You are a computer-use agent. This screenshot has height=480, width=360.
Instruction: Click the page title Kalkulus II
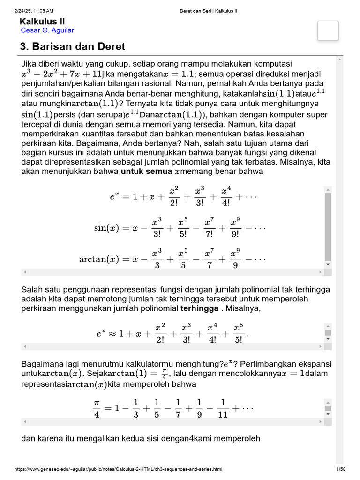[x=42, y=22]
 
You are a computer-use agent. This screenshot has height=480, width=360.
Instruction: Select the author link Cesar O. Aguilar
[x=47, y=30]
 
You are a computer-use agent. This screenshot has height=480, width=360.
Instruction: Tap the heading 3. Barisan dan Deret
[x=72, y=47]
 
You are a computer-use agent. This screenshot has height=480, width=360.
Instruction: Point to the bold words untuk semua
[x=146, y=172]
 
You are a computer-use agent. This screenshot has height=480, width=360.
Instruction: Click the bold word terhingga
[x=200, y=309]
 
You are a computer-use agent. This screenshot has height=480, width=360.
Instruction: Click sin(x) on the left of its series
[x=107, y=228]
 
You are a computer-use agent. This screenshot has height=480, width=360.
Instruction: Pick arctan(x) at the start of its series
[x=99, y=259]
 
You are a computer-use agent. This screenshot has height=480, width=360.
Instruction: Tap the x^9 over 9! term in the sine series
[x=235, y=228]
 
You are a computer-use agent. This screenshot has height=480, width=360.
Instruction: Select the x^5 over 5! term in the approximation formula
[x=238, y=334]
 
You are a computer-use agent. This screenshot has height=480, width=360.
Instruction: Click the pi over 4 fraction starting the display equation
[x=97, y=408]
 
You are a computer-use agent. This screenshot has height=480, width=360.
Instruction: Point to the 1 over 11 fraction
[x=223, y=408]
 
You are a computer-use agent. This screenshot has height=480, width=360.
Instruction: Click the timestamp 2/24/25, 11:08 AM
[x=34, y=11]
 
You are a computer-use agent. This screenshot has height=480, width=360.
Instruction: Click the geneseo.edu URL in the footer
[x=118, y=469]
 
